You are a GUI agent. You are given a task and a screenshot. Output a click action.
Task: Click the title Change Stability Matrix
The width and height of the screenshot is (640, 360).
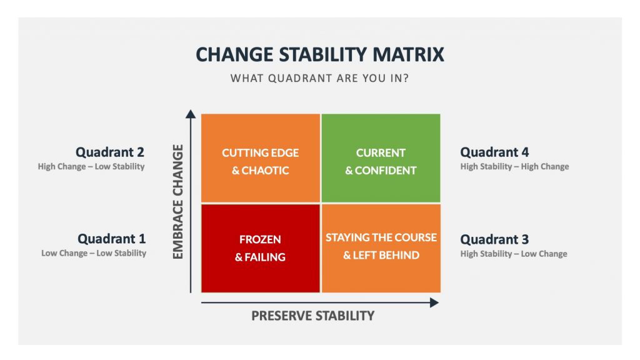(320, 55)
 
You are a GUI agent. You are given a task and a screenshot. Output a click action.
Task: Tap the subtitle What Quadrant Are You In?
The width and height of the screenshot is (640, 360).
(319, 78)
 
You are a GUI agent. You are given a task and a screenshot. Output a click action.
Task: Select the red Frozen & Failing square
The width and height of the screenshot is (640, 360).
(261, 248)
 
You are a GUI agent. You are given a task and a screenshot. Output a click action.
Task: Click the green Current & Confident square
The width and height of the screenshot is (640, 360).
(381, 158)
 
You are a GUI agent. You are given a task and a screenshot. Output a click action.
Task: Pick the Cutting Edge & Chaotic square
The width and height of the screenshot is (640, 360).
(261, 158)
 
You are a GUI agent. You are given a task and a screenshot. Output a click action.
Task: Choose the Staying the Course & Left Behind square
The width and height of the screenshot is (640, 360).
(381, 248)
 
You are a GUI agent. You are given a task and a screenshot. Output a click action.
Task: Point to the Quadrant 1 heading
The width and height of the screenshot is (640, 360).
(111, 239)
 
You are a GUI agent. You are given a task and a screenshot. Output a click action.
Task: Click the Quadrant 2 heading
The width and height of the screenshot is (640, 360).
(110, 152)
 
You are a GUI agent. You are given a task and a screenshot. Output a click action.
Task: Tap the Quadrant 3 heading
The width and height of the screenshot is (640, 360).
(494, 239)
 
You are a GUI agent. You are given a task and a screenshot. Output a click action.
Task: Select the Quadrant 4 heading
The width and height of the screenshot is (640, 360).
(494, 152)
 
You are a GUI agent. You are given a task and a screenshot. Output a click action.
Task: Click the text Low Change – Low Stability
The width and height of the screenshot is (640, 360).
(94, 253)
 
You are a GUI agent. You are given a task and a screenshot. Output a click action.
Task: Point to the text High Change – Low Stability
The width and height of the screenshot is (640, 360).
(91, 166)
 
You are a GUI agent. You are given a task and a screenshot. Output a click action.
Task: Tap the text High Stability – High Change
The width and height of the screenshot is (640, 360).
(514, 166)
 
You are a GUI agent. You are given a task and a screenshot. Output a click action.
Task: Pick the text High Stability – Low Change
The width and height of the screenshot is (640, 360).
(514, 254)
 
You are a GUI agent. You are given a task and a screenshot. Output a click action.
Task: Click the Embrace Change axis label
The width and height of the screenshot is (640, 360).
(178, 202)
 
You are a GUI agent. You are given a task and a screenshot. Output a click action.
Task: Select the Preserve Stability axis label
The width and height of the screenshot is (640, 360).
(312, 316)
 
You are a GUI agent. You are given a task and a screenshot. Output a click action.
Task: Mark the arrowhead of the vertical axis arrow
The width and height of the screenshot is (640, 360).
(191, 114)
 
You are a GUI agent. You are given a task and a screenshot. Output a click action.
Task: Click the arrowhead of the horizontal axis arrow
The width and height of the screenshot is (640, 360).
(434, 303)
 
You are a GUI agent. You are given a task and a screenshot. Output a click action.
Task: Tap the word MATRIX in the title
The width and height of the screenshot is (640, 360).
(408, 55)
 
